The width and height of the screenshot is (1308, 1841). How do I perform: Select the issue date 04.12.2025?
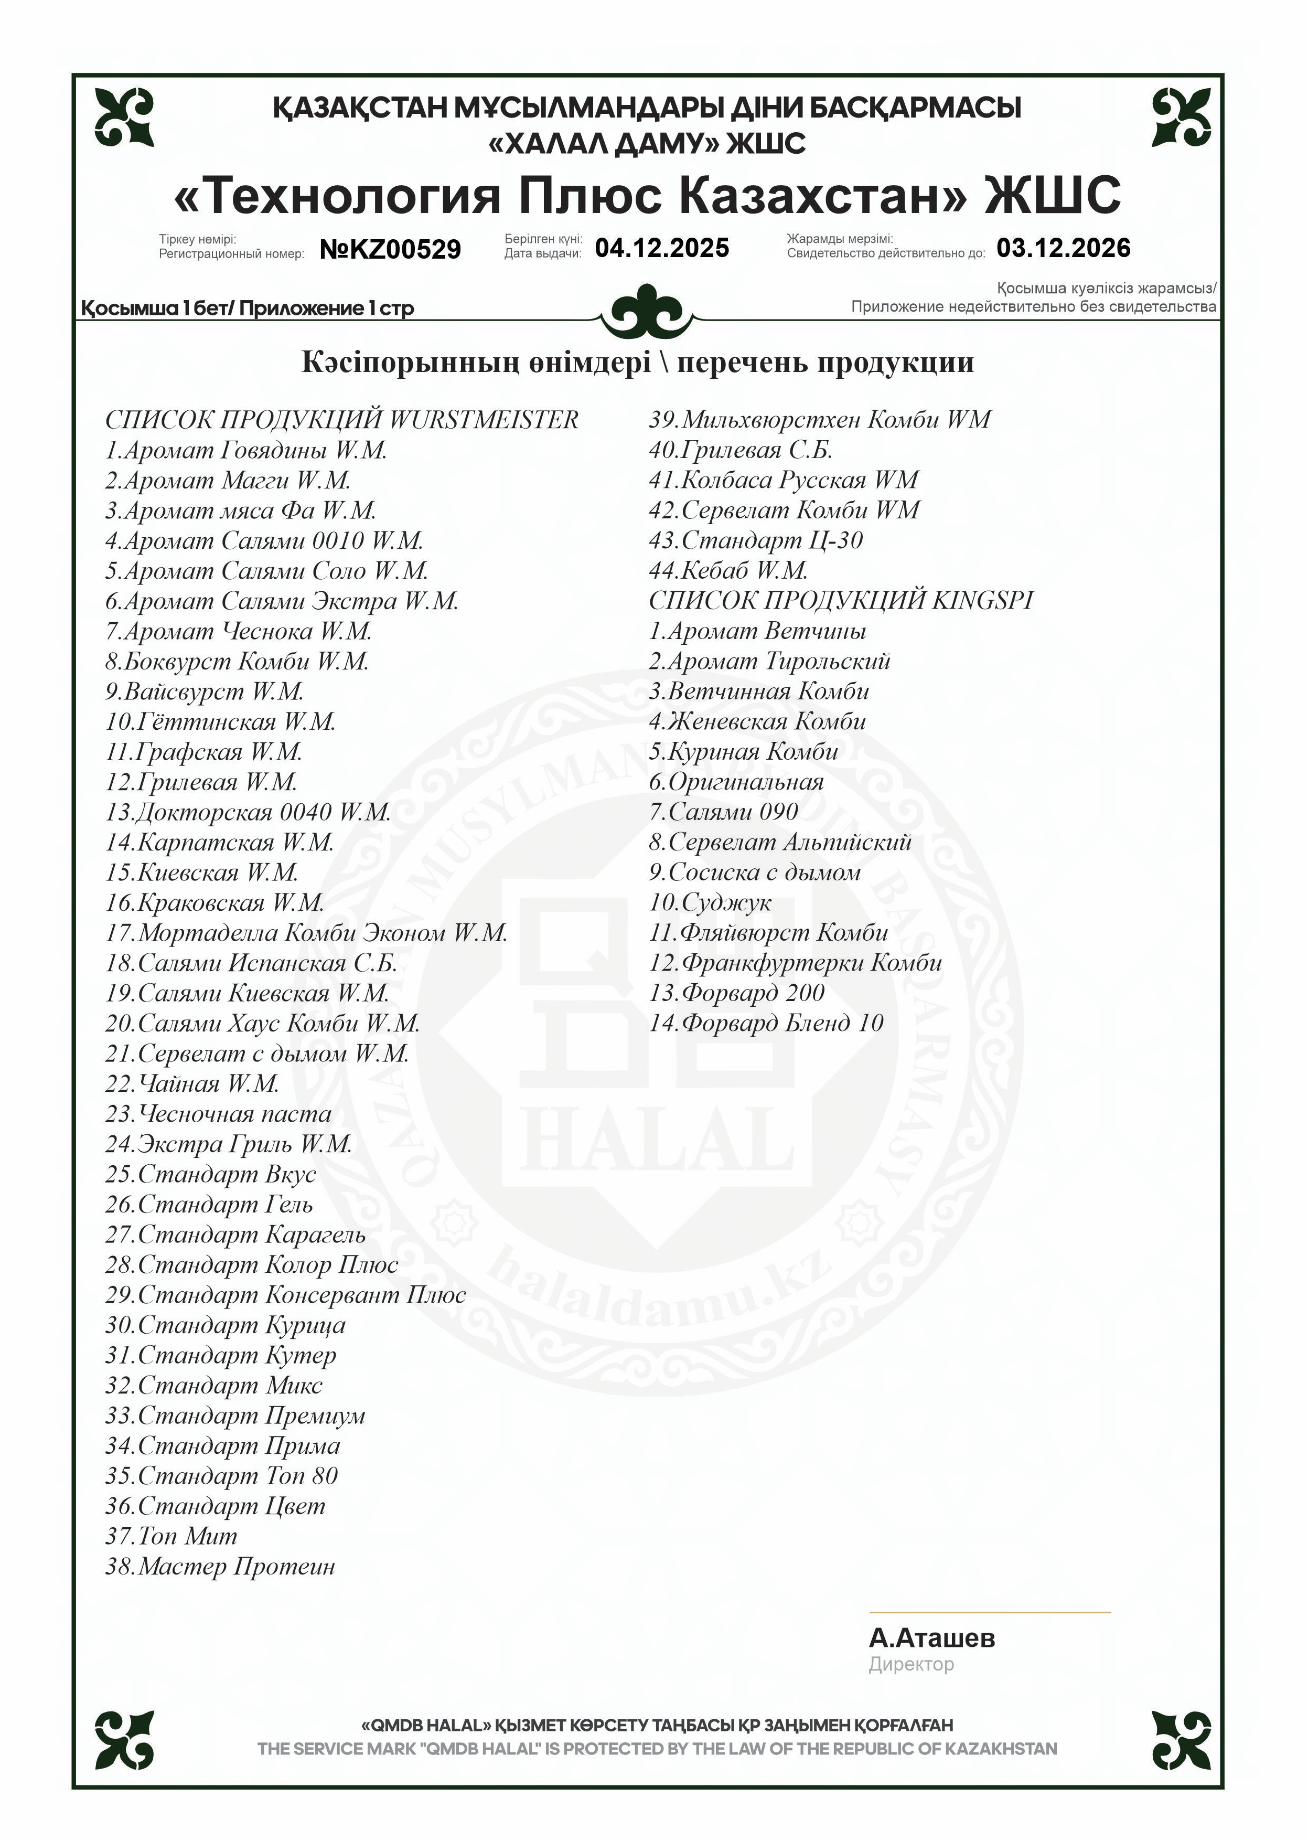662,248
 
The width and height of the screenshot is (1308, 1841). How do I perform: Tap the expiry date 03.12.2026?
1063,248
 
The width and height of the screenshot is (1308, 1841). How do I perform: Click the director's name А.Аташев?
932,1638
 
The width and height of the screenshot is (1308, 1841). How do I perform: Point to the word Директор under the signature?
911,1664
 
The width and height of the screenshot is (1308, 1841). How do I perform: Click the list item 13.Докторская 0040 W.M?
248,812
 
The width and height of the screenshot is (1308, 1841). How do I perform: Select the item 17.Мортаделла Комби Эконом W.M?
306,933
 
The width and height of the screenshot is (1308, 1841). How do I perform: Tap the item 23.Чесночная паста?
218,1114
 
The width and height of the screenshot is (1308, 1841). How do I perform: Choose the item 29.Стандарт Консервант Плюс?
285,1295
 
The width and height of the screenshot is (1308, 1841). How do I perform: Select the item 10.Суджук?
710,903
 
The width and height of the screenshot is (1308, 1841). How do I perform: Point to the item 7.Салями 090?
723,812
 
